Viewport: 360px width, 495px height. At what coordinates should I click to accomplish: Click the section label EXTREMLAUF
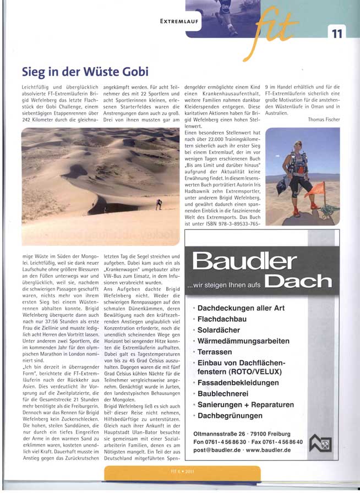point(179,22)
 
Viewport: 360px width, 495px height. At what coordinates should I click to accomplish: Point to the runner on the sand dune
point(159,204)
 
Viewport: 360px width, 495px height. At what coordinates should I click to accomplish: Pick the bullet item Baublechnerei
point(222,394)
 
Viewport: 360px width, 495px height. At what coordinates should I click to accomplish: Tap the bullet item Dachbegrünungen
point(230,415)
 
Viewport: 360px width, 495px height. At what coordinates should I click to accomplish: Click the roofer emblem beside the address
point(320,443)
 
